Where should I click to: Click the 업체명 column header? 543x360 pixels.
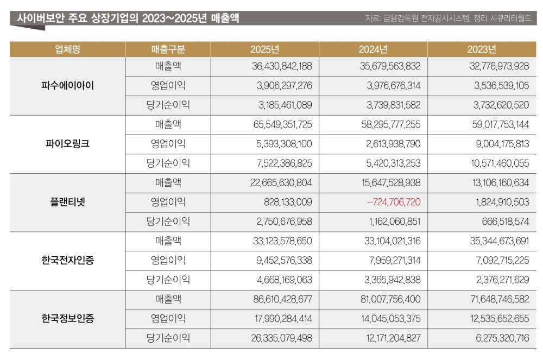tap(67, 49)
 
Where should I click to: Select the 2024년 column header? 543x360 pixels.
tap(373, 49)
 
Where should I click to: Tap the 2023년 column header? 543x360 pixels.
tap(482, 49)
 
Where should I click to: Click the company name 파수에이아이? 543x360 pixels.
tap(67, 86)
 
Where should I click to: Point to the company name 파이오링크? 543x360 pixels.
tap(67, 144)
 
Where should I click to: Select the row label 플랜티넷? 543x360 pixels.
tap(67, 203)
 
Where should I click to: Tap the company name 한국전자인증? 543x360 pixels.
tap(67, 261)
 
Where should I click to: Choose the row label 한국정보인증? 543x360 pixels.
tap(67, 319)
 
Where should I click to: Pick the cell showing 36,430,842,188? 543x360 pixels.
tap(282, 66)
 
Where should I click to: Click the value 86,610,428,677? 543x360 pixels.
tap(282, 299)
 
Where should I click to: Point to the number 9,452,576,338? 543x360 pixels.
tap(285, 261)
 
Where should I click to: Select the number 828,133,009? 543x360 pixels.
tap(288, 203)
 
